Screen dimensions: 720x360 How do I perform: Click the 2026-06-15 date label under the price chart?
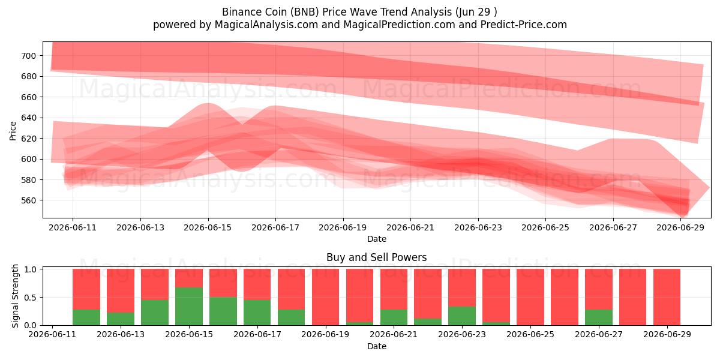tap(208, 227)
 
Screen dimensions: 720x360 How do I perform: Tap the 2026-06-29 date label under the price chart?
tap(680, 227)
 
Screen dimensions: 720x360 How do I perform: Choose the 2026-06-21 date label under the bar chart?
tap(394, 334)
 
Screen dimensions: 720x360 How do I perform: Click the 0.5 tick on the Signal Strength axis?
tap(30, 298)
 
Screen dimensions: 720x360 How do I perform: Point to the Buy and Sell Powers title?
tap(377, 257)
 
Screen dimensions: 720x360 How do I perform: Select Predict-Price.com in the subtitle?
tap(524, 25)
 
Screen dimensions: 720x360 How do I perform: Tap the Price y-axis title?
tap(13, 131)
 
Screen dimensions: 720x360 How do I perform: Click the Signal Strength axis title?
tap(15, 296)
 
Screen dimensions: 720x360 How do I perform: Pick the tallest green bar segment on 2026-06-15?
tap(189, 307)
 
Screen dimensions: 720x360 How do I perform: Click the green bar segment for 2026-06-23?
tap(462, 316)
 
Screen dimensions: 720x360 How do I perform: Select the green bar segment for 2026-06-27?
tap(599, 317)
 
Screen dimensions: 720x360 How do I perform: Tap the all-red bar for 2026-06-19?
tap(325, 297)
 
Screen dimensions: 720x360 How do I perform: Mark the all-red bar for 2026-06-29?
tap(667, 297)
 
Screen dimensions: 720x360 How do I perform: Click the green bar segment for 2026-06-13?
tap(121, 319)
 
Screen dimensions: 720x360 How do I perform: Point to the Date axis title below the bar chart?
tap(377, 346)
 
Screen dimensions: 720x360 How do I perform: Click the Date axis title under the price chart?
tap(377, 239)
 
